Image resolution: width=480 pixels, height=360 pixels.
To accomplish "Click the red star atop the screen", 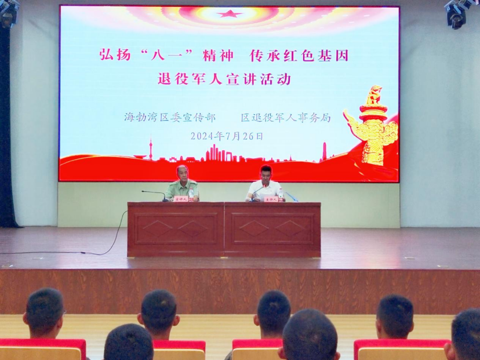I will coord(230,13).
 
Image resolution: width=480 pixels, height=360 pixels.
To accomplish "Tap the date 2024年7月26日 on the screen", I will coord(227,136).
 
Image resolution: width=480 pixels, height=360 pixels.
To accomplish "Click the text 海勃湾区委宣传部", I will coord(169,117).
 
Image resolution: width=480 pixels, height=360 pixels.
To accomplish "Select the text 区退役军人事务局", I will coord(286,117).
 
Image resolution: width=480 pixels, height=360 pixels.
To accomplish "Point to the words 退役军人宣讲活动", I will coord(224,79).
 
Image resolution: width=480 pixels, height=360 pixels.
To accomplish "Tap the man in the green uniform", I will coord(182,184).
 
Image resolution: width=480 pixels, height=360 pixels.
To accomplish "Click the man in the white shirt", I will coord(265,184).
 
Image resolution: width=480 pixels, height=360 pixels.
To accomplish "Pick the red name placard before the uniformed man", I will coord(181,199).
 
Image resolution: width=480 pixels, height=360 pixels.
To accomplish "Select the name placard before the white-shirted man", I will coord(271,199).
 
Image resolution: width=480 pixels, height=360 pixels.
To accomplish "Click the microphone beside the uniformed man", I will coord(154,194).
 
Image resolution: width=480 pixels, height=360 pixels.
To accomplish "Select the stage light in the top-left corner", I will coord(8,13).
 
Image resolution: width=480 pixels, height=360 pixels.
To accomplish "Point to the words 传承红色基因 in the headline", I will coord(299,56).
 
